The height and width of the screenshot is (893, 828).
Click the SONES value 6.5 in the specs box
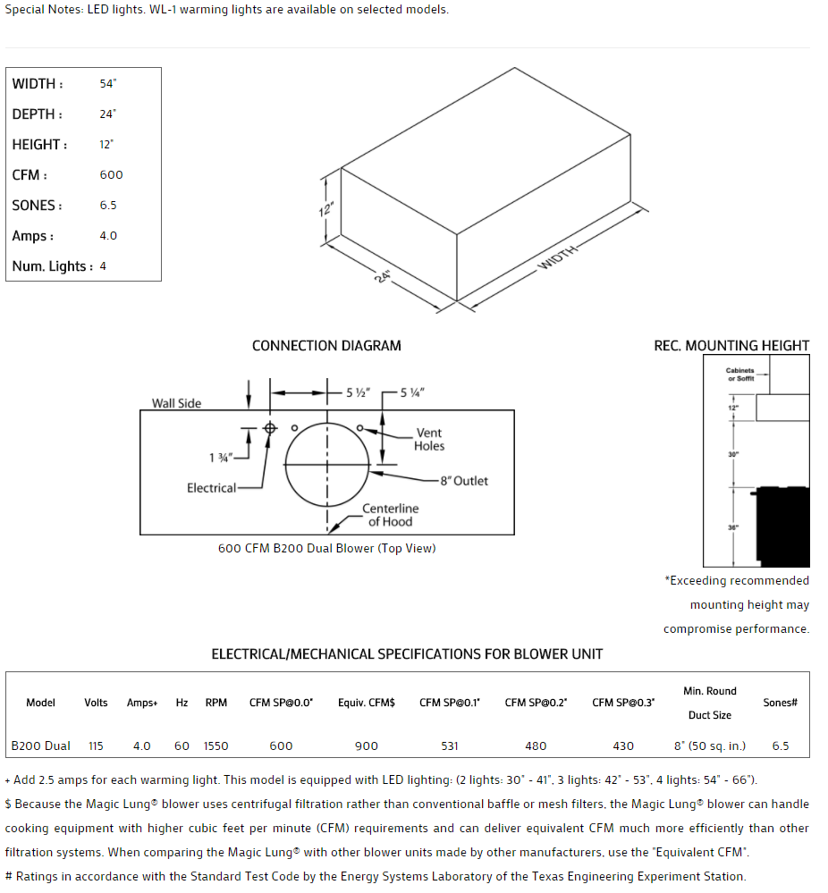(108, 206)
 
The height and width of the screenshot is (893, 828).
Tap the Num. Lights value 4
(103, 266)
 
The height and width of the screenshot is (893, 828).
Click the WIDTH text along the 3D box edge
(556, 258)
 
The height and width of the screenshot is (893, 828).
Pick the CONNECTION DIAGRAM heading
(326, 346)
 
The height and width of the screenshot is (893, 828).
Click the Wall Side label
(176, 403)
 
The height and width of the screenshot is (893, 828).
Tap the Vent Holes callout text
(429, 440)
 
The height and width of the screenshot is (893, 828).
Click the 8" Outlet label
(464, 481)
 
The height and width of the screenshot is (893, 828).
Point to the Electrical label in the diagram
(211, 488)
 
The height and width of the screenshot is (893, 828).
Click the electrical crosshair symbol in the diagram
(270, 428)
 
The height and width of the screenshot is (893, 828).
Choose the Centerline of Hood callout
(391, 515)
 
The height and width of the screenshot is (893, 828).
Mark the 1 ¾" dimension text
(220, 458)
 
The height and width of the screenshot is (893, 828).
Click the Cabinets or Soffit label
(739, 374)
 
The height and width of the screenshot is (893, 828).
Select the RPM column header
(216, 703)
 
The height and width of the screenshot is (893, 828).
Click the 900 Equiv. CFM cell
(366, 746)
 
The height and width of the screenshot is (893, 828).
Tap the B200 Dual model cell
(41, 746)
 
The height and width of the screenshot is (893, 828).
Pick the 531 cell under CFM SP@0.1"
(450, 746)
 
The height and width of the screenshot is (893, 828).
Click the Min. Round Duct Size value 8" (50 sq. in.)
(710, 746)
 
